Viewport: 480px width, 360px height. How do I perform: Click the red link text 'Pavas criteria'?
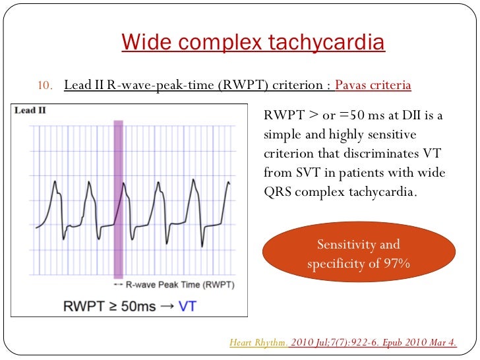point(373,86)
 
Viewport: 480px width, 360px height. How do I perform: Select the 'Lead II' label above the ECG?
point(30,111)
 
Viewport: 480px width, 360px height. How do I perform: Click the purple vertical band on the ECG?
point(118,198)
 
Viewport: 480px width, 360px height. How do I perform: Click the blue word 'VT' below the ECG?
point(188,305)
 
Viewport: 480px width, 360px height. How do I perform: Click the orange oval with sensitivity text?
point(359,255)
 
